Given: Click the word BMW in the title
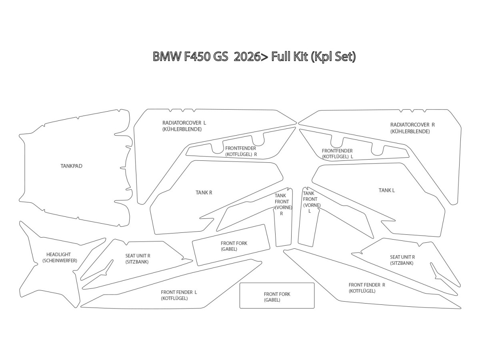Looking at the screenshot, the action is tap(167, 57).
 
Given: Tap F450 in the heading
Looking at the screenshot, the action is tap(198, 57).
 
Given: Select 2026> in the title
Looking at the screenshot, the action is tap(251, 57).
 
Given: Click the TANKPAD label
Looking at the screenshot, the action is tap(72, 166).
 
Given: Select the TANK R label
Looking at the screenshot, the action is tap(204, 192).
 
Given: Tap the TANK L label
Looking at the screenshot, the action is tap(387, 190).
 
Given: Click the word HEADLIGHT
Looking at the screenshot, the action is tap(59, 254).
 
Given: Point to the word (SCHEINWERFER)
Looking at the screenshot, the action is tap(60, 260).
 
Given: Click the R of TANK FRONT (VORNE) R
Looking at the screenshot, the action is tap(282, 214).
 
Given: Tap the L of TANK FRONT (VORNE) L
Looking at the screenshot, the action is tap(310, 211).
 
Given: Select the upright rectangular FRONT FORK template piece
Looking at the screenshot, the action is tap(277, 296).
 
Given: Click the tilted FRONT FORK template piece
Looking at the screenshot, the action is tap(231, 245).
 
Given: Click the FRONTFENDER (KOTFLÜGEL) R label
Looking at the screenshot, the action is tap(241, 151).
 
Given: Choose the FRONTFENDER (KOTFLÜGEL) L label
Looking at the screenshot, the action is tap(338, 154).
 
